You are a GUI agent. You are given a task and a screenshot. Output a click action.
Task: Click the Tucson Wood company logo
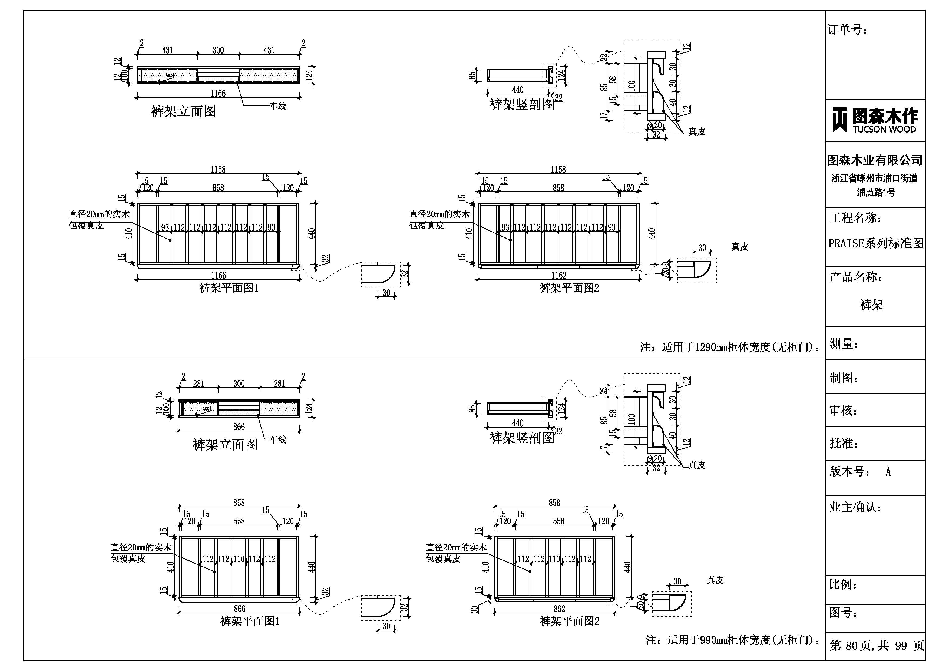[875, 120]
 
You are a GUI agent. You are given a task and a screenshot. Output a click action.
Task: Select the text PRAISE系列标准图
[875, 243]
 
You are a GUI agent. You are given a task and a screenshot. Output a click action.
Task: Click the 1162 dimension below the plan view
[558, 275]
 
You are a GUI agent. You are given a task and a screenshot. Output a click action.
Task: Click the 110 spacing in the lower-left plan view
[239, 559]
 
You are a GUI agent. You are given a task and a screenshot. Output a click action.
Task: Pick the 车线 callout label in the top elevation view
[278, 106]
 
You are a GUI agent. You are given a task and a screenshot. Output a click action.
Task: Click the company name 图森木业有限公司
[875, 160]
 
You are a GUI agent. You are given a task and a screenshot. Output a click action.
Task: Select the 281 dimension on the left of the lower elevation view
[199, 384]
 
